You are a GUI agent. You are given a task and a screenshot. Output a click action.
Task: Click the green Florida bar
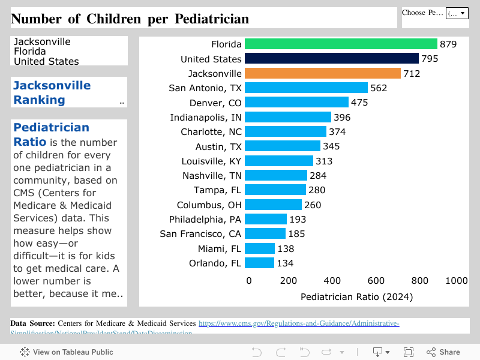341,44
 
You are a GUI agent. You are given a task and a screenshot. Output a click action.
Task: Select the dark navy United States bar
332,59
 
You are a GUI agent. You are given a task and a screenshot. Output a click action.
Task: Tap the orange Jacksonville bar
323,73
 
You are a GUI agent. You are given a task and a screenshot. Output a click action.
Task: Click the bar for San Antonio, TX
306,88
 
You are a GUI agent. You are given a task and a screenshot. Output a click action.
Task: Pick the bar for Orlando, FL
259,263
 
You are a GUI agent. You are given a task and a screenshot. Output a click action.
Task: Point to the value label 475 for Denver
359,103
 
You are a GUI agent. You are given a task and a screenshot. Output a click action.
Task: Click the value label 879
448,44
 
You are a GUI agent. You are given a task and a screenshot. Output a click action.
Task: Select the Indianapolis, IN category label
206,117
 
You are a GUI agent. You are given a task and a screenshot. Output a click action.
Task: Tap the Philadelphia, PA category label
205,219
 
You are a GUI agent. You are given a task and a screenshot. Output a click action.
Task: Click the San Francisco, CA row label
200,233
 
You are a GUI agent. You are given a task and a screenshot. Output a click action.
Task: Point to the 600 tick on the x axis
376,281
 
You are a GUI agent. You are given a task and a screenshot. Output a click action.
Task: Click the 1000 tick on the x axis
457,281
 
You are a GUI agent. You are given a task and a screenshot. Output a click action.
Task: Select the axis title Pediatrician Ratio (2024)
356,296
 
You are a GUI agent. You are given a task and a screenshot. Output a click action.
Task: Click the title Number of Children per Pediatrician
130,19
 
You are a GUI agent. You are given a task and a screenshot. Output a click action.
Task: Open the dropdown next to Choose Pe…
457,13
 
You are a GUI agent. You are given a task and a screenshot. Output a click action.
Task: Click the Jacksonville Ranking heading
52,92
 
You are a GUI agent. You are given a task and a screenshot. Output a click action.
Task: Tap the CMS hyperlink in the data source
299,323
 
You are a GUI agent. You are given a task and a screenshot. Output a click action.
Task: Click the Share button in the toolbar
443,352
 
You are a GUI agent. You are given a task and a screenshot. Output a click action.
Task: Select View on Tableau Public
67,352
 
